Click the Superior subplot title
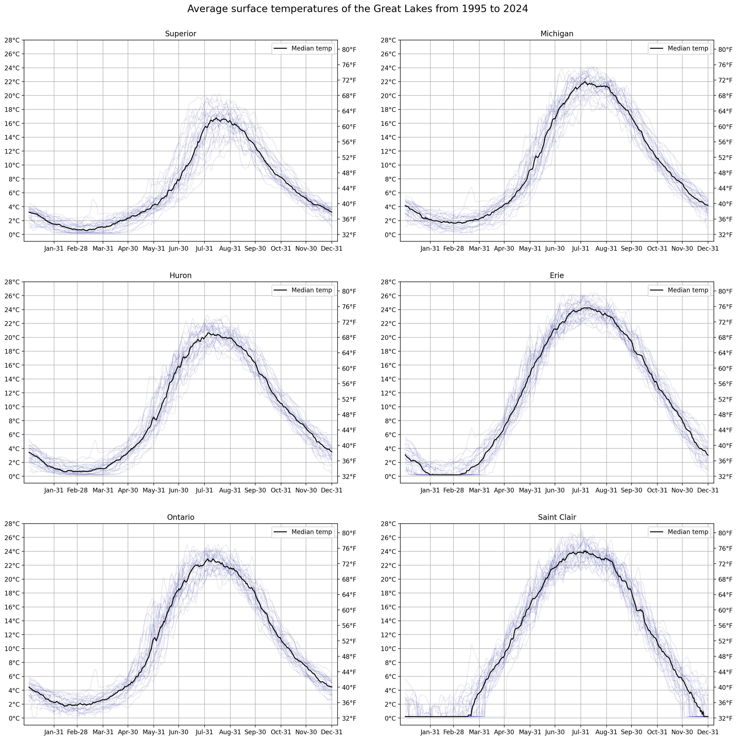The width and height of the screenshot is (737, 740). click(x=180, y=34)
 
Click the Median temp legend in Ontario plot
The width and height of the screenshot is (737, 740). click(x=302, y=532)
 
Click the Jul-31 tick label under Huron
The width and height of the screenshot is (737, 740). click(x=204, y=490)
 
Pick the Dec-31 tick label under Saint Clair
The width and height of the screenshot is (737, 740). click(x=707, y=732)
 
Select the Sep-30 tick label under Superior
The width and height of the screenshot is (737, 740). click(x=255, y=249)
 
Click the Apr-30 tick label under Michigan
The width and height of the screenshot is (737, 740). click(x=504, y=249)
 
